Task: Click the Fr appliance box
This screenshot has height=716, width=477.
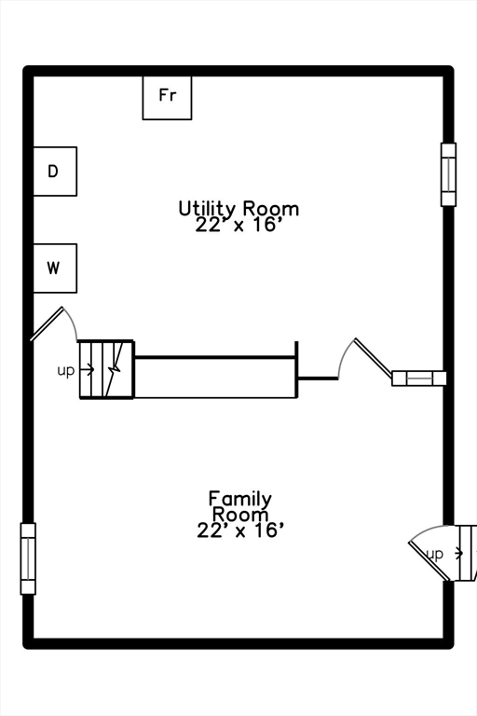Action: coord(167,98)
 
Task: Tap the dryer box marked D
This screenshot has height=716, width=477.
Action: coord(55,172)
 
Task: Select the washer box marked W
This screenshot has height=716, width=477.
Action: coord(55,268)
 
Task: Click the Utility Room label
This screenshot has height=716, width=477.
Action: coord(238,208)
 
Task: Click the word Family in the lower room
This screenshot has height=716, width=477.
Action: coord(240,498)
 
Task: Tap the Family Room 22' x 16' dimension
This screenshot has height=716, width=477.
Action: coord(240,530)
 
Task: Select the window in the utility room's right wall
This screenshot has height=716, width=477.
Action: coord(448,174)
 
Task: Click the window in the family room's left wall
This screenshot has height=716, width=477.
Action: coord(28,558)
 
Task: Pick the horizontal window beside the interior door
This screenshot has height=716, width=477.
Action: coord(419,379)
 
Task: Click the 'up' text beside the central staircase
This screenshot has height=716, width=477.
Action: coord(66,370)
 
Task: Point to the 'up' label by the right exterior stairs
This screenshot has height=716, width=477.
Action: coord(434,554)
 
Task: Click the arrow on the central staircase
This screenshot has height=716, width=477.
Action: coord(88,369)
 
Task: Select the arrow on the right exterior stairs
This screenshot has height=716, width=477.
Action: coord(456,554)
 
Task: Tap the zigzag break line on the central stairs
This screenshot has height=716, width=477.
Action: coord(116,369)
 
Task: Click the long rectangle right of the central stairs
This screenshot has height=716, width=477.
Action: coord(215,378)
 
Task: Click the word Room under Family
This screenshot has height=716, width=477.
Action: coord(240,515)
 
